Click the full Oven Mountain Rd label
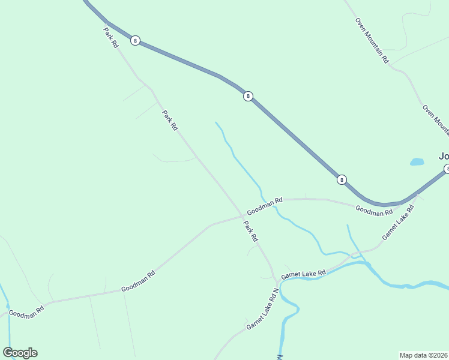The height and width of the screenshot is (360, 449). coord(372,40)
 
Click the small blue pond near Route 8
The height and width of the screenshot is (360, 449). coord(417,161)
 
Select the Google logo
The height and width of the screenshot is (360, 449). coord(20,353)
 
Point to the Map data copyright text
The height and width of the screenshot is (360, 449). coord(424,355)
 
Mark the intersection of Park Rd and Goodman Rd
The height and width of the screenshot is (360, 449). coord(242,215)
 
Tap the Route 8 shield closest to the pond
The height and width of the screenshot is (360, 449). coord(342,179)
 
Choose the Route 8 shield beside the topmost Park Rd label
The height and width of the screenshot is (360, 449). coord(136,41)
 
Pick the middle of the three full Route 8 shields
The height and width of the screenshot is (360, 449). coord(248,96)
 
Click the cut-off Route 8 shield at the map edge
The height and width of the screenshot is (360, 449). coord(446,169)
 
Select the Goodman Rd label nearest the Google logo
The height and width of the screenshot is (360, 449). coord(26,313)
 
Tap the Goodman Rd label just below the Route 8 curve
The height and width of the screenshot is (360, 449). coord(373,211)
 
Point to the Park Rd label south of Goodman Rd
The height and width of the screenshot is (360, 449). coord(251,232)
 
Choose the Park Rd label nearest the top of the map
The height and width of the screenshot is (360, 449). coord(111,37)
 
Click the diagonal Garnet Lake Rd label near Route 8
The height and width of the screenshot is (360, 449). coord(399,223)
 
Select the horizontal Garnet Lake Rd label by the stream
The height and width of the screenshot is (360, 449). coord(303,274)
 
